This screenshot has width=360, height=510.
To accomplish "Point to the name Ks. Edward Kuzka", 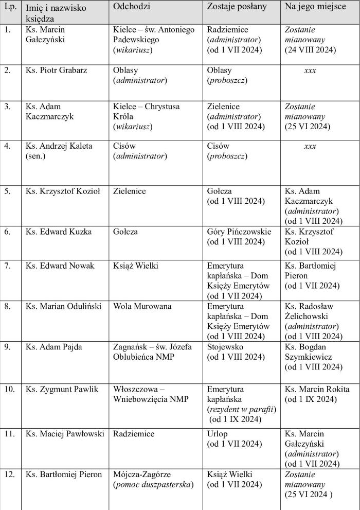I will coord(59,232).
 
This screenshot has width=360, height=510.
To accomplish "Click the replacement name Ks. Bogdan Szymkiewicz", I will coord(310,352).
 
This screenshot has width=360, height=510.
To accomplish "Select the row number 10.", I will coord(9,389).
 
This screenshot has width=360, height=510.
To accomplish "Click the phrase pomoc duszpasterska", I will coord(153,484).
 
